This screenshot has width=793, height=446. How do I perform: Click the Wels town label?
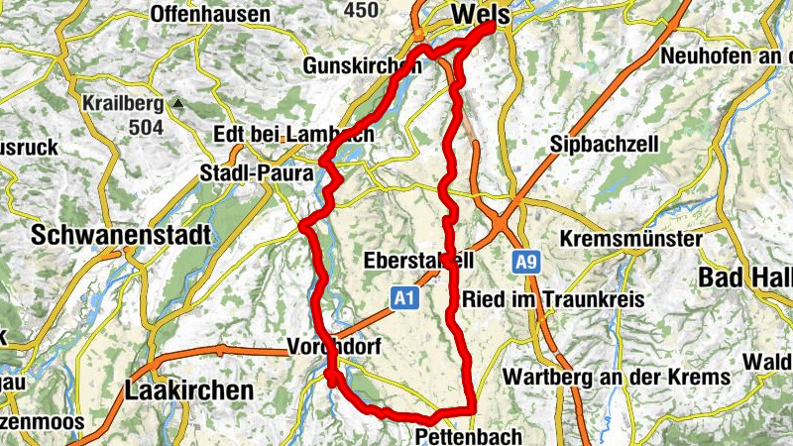(480, 15)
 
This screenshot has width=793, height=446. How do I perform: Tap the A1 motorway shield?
(402, 296)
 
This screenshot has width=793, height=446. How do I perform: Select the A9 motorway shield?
(526, 263)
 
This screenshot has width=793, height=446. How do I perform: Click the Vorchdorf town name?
(334, 347)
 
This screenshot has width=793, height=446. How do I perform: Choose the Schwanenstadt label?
(121, 236)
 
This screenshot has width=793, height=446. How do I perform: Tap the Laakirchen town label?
(189, 390)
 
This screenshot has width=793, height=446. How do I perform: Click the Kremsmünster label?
(630, 240)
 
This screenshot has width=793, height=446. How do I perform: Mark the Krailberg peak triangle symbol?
(177, 103)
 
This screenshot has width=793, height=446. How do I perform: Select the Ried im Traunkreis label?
(553, 298)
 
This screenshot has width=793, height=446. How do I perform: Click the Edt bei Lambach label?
(293, 134)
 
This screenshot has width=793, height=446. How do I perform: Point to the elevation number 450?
(363, 10)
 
